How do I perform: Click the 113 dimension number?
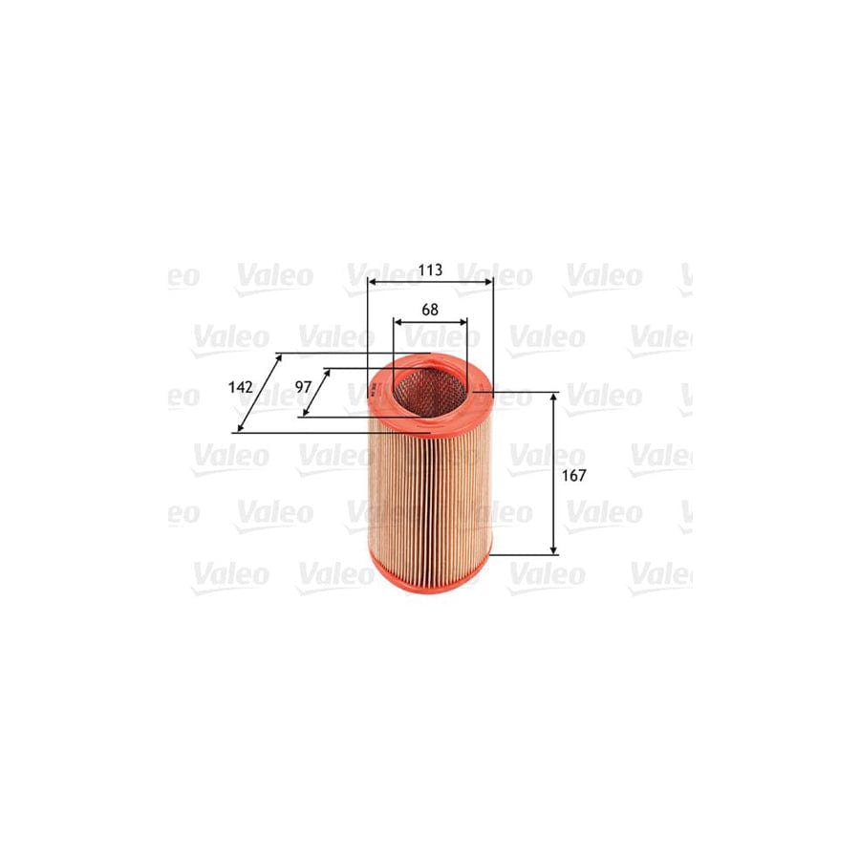430,270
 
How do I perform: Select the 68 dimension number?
430,310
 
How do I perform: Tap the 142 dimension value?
240,387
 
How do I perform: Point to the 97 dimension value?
303,387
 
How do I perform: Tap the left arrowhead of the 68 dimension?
398,323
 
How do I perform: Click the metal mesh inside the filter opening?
430,392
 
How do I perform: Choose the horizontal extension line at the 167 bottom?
524,554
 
